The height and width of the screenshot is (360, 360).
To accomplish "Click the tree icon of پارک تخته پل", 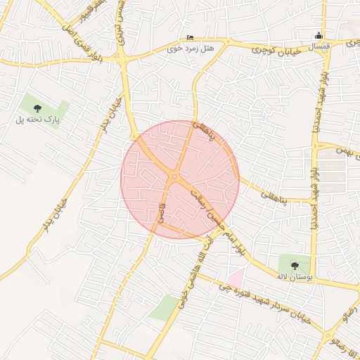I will [37, 108].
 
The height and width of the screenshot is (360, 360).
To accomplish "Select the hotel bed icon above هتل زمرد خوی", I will [189, 38].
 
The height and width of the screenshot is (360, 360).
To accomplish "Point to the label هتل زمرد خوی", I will [191, 49].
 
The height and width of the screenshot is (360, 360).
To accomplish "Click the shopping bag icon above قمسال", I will [320, 36].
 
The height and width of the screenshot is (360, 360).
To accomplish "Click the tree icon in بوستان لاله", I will [294, 264].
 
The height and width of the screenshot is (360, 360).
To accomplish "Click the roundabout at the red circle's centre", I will [174, 177].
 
